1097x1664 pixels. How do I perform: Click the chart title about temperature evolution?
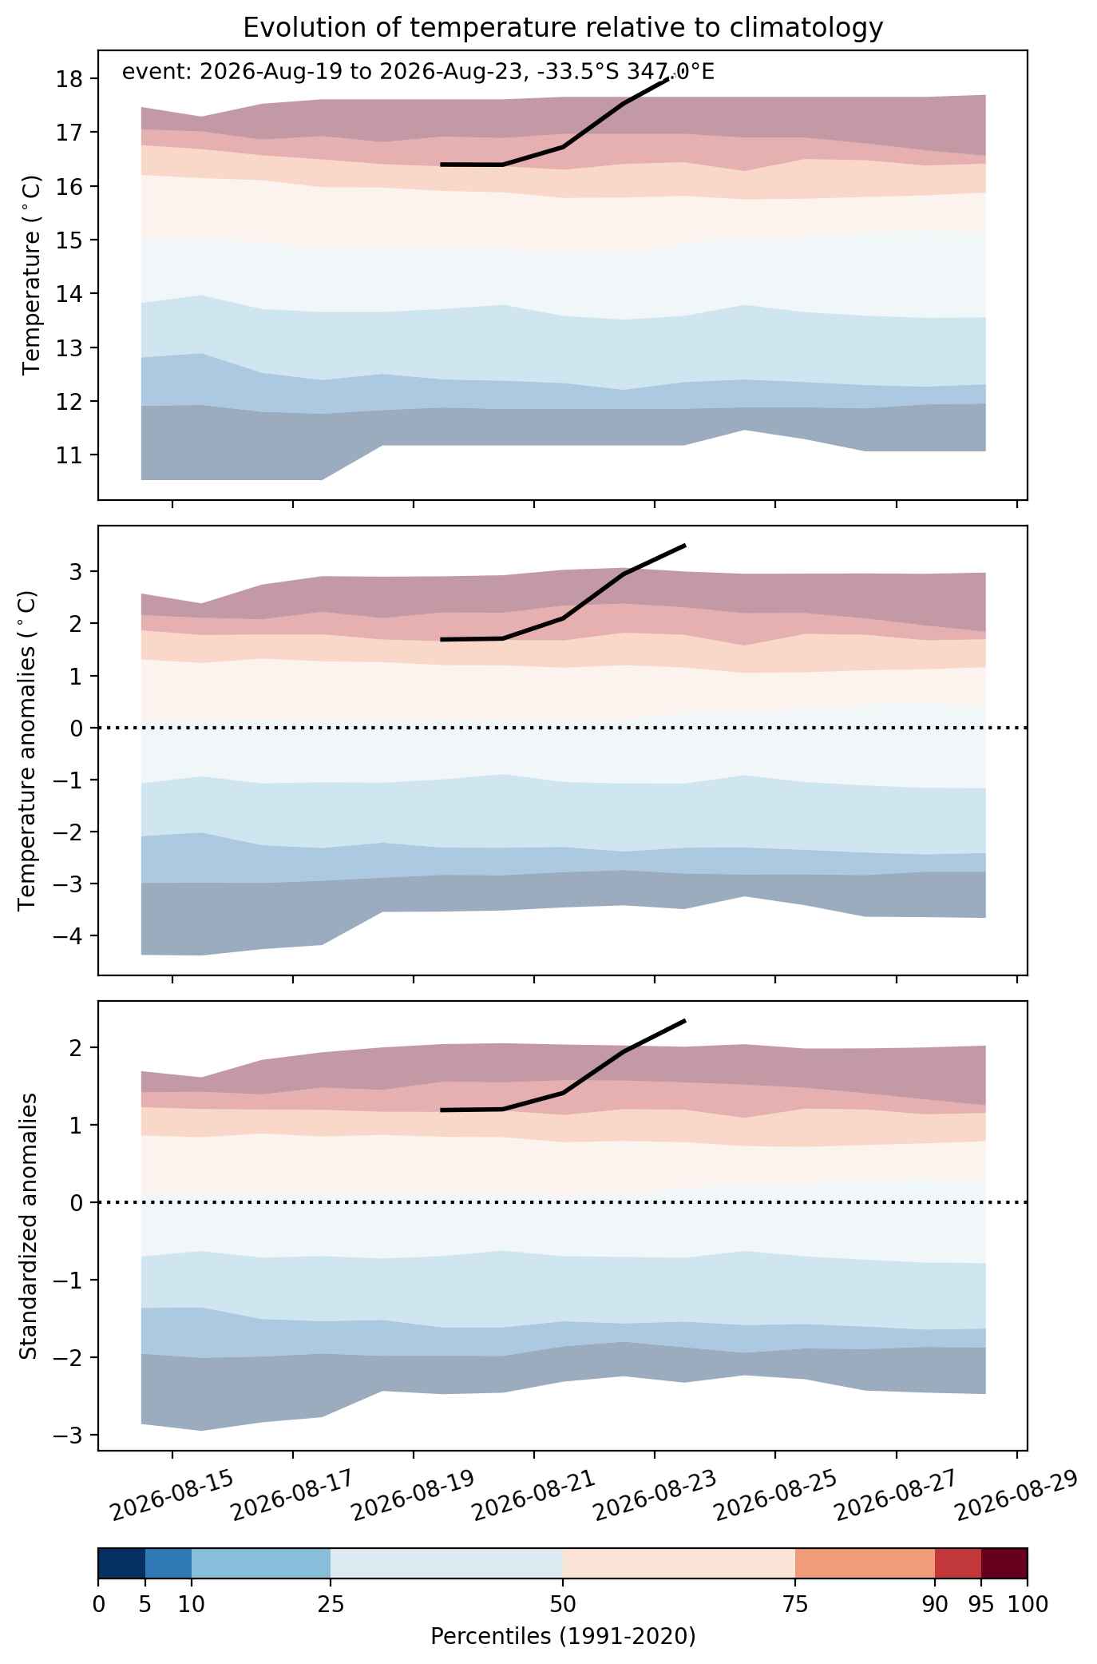pyautogui.click(x=563, y=28)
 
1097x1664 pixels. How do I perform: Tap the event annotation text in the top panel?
pyautogui.click(x=418, y=73)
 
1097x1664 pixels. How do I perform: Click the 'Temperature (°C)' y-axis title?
pyautogui.click(x=32, y=276)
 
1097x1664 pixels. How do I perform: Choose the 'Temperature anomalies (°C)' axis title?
pyautogui.click(x=27, y=750)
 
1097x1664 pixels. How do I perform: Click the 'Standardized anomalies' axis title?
pyautogui.click(x=27, y=1225)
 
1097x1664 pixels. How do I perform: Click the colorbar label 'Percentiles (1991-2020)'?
pyautogui.click(x=563, y=1637)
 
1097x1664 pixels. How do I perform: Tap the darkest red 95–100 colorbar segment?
pyautogui.click(x=1004, y=1564)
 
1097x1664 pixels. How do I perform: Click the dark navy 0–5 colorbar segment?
pyautogui.click(x=121, y=1564)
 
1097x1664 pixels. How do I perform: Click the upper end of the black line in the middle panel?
pyautogui.click(x=685, y=546)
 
